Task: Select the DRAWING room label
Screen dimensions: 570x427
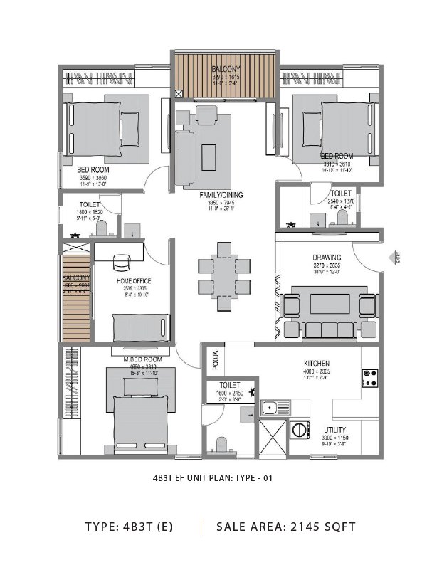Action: [327, 258]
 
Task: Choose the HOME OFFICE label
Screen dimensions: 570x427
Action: [134, 281]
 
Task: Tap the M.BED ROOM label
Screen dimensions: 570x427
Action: [143, 359]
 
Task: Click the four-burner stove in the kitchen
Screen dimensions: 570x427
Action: [369, 378]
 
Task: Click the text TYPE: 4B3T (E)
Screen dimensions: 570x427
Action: [128, 527]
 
